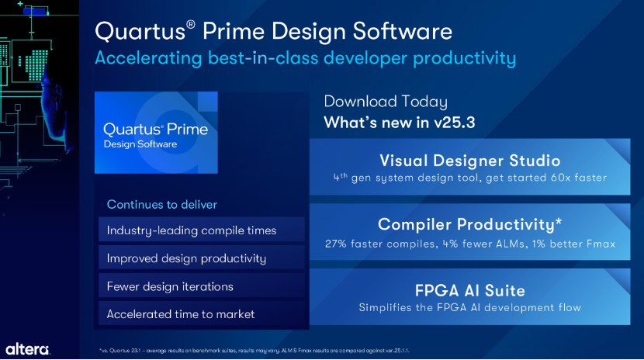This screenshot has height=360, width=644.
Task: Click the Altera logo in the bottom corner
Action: (x=27, y=349)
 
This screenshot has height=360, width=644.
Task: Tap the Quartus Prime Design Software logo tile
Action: (x=156, y=133)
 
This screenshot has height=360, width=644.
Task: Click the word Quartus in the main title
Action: (x=140, y=32)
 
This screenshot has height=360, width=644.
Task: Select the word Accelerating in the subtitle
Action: (x=148, y=58)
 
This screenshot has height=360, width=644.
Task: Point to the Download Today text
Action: (x=386, y=102)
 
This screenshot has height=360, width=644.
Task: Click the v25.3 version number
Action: (x=454, y=123)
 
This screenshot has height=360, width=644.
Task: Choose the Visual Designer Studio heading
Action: (x=470, y=161)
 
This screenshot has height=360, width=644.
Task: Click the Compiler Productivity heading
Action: (x=470, y=224)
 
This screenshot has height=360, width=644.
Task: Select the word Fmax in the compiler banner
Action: (x=601, y=244)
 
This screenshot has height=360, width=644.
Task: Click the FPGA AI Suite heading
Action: (x=470, y=291)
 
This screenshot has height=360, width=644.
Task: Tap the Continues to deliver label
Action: (x=162, y=204)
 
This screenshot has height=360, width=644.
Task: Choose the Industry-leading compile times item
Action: (x=192, y=230)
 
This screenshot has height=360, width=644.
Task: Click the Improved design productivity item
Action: (x=186, y=258)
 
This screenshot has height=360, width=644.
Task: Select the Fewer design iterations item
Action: (x=170, y=286)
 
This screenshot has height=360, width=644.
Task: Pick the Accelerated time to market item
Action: (x=181, y=314)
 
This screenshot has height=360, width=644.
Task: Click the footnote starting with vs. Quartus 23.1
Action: (x=254, y=351)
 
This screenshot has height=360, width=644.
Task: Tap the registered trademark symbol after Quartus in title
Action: (x=191, y=24)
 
